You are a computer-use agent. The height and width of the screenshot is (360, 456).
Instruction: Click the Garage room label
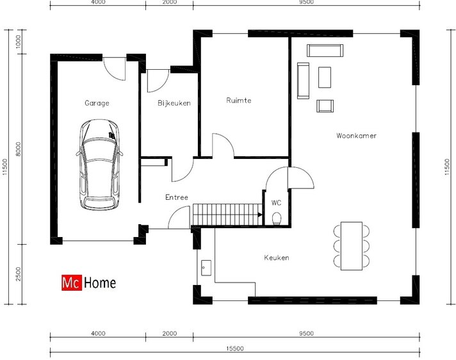coord(97,103)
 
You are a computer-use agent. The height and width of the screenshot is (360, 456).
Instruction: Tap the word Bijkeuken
coord(174,103)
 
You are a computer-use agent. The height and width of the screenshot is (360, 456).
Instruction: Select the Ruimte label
coord(238,101)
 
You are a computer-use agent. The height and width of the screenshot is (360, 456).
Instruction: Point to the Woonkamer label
coord(356,136)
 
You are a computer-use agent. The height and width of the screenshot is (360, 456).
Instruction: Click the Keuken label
coord(276,258)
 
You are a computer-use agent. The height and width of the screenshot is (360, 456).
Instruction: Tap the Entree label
coord(177,197)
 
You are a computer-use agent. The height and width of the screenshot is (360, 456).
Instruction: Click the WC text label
coord(276,202)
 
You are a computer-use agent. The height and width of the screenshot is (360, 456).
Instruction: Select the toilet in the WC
coord(277,218)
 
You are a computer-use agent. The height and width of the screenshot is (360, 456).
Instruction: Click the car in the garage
coord(99,164)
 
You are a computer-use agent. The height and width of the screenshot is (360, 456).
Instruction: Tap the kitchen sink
coord(206,268)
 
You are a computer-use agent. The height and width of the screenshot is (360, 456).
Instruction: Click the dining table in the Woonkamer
coord(352,246)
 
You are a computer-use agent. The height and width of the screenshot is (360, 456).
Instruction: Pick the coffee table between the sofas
coord(325,77)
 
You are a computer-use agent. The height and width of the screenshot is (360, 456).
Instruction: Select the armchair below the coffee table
coord(325,106)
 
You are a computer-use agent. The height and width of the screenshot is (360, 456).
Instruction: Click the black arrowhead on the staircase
coord(260,215)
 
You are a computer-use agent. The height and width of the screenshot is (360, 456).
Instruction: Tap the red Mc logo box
coord(72,283)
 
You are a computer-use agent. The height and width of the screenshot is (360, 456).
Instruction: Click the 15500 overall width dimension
coord(234,348)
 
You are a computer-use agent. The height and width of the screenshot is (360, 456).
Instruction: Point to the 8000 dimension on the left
coord(19,149)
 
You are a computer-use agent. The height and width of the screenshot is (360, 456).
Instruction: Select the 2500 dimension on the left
coord(19,274)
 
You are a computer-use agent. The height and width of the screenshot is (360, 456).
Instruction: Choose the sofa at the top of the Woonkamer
coord(325,51)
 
